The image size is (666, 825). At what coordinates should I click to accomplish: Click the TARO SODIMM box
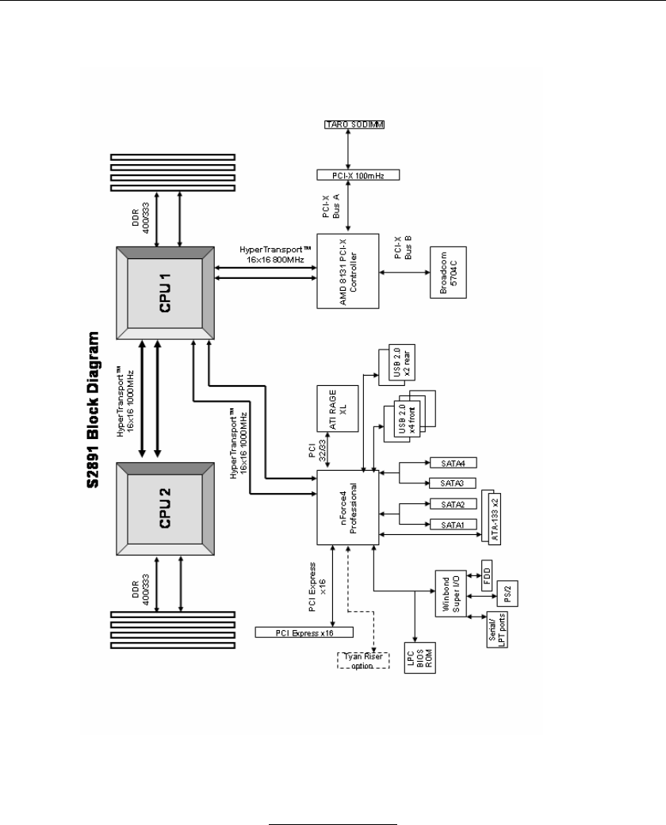click(350, 125)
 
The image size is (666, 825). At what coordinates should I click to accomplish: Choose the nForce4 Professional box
click(349, 507)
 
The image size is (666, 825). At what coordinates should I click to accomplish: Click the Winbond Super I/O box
click(448, 594)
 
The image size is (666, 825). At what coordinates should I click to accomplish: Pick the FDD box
click(487, 573)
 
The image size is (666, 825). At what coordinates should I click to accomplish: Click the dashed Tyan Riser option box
click(364, 659)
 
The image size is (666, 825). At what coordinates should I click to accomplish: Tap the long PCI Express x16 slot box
click(304, 632)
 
